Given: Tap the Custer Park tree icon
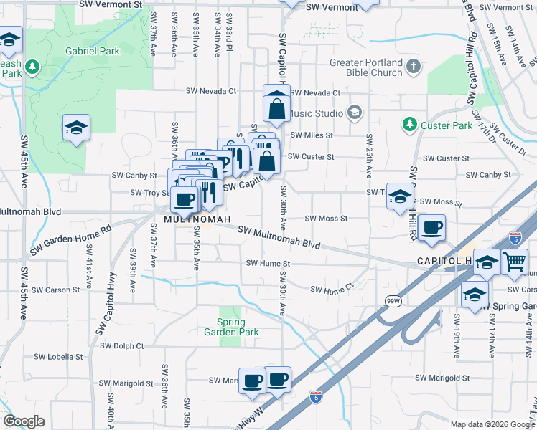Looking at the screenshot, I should click(x=409, y=125).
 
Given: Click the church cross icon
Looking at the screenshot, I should click(x=413, y=67).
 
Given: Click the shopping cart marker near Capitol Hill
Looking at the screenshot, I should click(x=515, y=263).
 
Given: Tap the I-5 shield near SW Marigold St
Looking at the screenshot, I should click(x=316, y=396).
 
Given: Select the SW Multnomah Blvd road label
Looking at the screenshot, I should click(x=279, y=238).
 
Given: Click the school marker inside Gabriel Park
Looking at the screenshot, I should click(x=76, y=128).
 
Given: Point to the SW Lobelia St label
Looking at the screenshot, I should click(x=57, y=356).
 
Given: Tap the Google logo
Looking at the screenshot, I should click(x=24, y=421).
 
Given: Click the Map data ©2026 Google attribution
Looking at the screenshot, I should click(x=491, y=424).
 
